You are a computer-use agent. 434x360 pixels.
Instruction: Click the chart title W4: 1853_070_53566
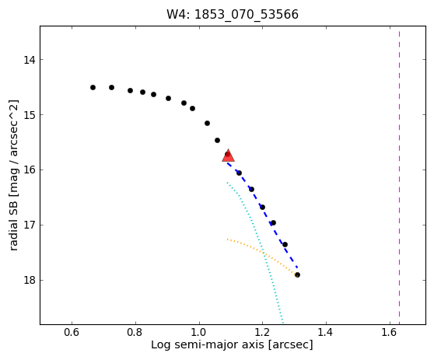coord(233,15)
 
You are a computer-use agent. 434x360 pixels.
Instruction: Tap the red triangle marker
coord(228,156)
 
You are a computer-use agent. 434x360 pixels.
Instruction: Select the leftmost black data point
coord(93,87)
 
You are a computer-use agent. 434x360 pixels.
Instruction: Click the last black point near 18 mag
coord(297,274)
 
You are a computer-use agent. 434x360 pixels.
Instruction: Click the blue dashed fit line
coord(262,215)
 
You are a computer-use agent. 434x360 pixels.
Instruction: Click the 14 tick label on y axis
coord(30,60)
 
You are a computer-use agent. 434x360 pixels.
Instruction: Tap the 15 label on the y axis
coord(30,114)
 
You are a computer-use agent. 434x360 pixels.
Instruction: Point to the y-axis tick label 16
coord(30,170)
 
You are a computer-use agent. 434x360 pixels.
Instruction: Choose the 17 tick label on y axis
coord(30,225)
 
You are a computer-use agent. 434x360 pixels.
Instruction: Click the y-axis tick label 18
coord(30,280)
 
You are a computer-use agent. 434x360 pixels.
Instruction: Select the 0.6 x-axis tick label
coord(72,332)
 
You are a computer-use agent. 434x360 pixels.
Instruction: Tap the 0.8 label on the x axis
coord(135,332)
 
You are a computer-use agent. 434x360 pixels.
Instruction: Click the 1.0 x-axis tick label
coord(199,332)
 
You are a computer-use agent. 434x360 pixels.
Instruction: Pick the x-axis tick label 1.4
coord(326,332)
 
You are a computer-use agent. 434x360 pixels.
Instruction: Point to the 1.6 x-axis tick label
coord(390,332)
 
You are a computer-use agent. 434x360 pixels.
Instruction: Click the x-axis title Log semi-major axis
coord(208,345)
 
